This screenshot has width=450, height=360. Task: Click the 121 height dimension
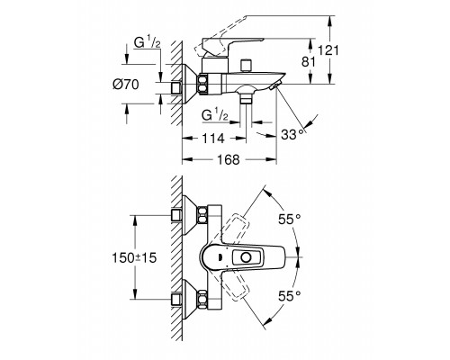tap(328, 50)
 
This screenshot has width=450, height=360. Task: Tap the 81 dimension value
tap(309, 62)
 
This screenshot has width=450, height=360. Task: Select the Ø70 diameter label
tap(126, 85)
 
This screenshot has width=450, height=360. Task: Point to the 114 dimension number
tap(213, 139)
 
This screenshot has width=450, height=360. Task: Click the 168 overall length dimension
tap(229, 159)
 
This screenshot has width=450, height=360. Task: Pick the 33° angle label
tap(292, 135)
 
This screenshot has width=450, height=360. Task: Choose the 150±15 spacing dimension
tap(134, 257)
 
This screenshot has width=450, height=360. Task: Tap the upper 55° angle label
tap(290, 219)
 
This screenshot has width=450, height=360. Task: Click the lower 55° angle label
tap(290, 296)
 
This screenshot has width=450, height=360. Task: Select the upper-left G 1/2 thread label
tap(148, 42)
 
